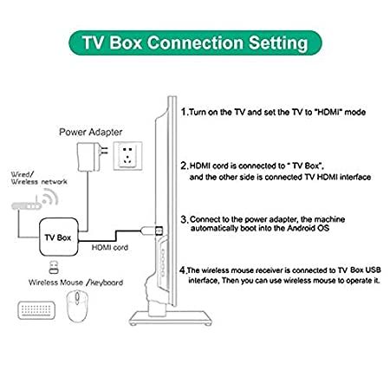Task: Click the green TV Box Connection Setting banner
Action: pos(195,42)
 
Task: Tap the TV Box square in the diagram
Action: pos(59,237)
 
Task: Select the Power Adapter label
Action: pos(90,132)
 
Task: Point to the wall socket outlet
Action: pos(127,156)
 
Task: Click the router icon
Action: pos(26,205)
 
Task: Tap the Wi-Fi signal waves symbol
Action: pos(50,197)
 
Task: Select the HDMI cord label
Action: pos(110,248)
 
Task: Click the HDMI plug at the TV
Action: pos(152,231)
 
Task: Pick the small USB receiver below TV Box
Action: pos(54,267)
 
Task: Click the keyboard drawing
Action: pos(36,310)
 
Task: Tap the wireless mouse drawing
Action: pos(77,306)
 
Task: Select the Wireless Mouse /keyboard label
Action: pos(75,283)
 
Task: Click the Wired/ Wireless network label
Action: pos(39,178)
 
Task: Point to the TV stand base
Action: pos(171,318)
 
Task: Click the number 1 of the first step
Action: pos(184,112)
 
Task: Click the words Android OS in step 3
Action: pos(308,228)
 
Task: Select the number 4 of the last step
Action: pos(183,270)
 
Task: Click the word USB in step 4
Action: pos(374,270)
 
